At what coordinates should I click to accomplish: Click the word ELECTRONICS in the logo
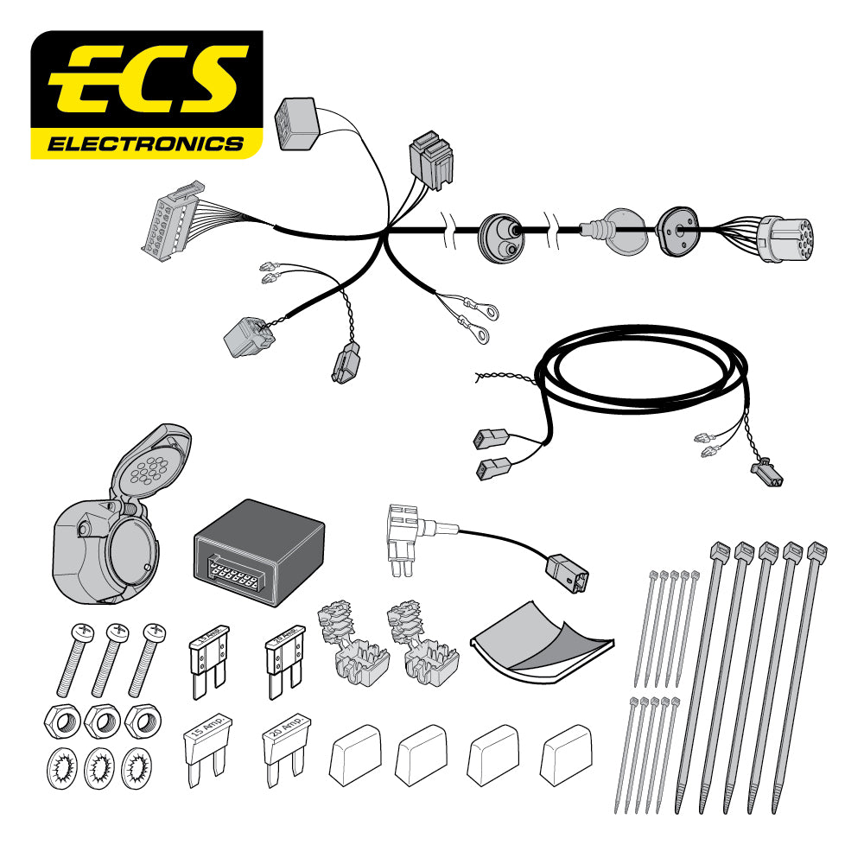click(145, 143)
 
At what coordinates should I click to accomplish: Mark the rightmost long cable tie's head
click(816, 551)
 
